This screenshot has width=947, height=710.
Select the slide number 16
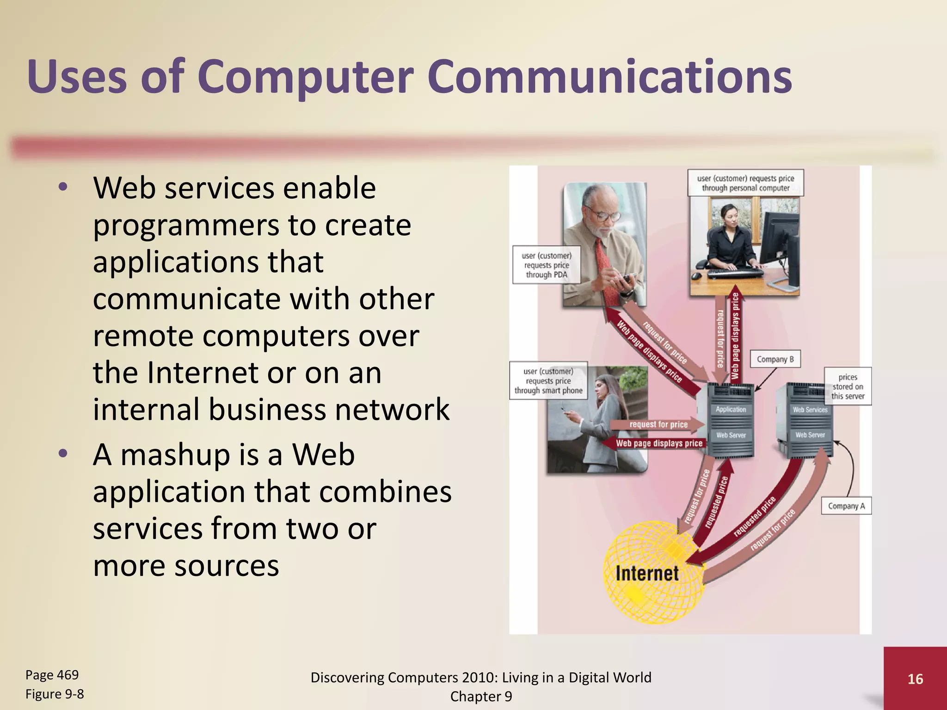click(x=915, y=679)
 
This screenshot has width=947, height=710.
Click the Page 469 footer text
click(x=52, y=675)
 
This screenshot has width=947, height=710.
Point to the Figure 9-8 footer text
click(x=55, y=694)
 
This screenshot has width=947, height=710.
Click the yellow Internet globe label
click(x=647, y=574)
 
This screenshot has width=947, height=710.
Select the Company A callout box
click(x=846, y=506)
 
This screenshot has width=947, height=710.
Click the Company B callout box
click(x=775, y=359)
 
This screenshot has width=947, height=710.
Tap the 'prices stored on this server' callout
click(x=848, y=386)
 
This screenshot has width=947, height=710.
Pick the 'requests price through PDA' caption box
click(x=546, y=265)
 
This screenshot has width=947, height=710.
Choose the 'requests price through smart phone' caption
click(x=548, y=381)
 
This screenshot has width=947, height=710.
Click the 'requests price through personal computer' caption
click(x=745, y=183)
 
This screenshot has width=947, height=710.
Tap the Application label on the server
click(x=731, y=410)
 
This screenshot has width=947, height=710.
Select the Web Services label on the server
click(x=810, y=410)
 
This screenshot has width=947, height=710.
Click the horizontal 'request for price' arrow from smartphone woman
click(x=658, y=424)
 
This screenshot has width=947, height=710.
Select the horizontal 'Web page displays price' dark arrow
click(x=658, y=443)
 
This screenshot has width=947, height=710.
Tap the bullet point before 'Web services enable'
click(x=63, y=188)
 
